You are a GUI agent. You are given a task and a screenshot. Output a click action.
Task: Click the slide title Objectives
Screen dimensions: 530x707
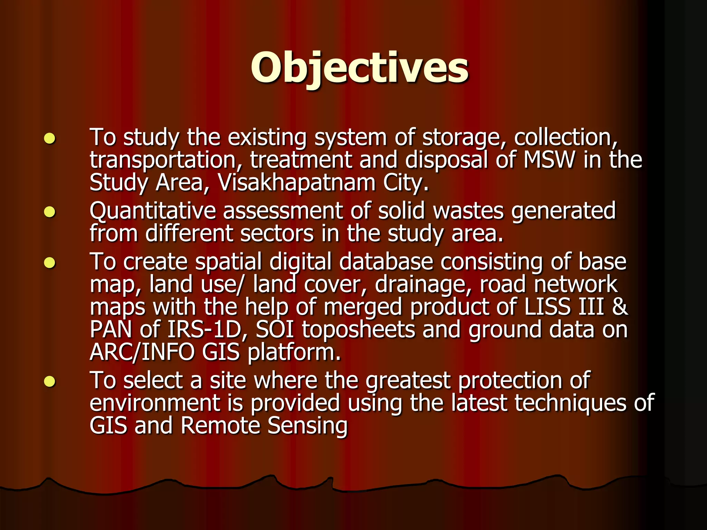pos(359,68)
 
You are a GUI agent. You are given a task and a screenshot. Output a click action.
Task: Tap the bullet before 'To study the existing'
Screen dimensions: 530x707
pos(50,138)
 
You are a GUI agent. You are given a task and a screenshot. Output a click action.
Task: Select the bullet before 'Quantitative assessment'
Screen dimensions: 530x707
pos(50,212)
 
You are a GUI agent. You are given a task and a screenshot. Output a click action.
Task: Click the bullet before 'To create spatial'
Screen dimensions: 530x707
pos(50,263)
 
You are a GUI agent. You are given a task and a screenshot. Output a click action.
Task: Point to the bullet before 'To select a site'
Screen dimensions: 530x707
pos(50,382)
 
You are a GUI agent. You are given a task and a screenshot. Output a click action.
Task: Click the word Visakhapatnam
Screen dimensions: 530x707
pos(297,183)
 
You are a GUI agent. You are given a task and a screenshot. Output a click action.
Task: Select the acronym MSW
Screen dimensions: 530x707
pos(549,160)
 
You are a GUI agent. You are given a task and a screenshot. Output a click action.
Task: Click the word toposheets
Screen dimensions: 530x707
pos(358,330)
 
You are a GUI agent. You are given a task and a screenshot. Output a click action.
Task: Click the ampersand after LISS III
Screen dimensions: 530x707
pos(620,307)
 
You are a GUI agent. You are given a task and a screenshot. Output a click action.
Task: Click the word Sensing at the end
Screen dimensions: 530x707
pos(307,426)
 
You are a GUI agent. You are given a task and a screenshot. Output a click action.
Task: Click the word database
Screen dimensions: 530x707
pos(386,262)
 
